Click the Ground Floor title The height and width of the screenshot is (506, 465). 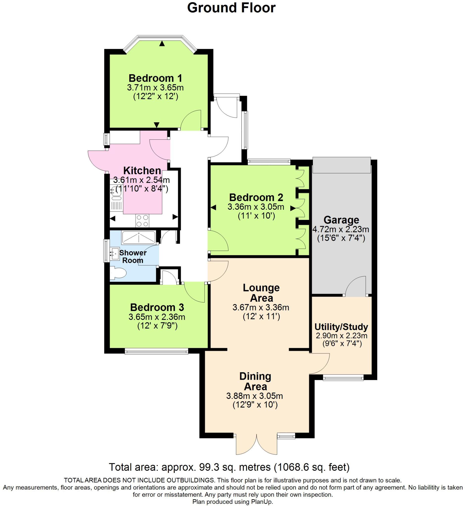pos(231,8)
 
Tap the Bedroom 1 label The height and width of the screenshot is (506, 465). pos(155,78)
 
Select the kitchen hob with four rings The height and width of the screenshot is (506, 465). pos(142,221)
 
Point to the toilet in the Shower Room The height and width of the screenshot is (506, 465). pos(118,273)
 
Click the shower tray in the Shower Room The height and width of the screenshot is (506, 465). pos(139,238)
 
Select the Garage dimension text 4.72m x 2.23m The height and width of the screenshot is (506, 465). pos(341,229)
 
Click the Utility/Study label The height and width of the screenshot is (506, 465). pos(341,327)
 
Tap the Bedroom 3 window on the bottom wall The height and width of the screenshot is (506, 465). pos(156,351)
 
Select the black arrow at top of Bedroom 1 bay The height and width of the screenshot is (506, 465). pos(162,44)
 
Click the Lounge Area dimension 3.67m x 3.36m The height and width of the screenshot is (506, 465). pos(261,307)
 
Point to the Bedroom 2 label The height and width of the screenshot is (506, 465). pos(256,197)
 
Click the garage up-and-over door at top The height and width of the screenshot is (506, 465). pos(341,165)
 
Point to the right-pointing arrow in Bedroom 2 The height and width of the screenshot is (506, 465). pos(293,208)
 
